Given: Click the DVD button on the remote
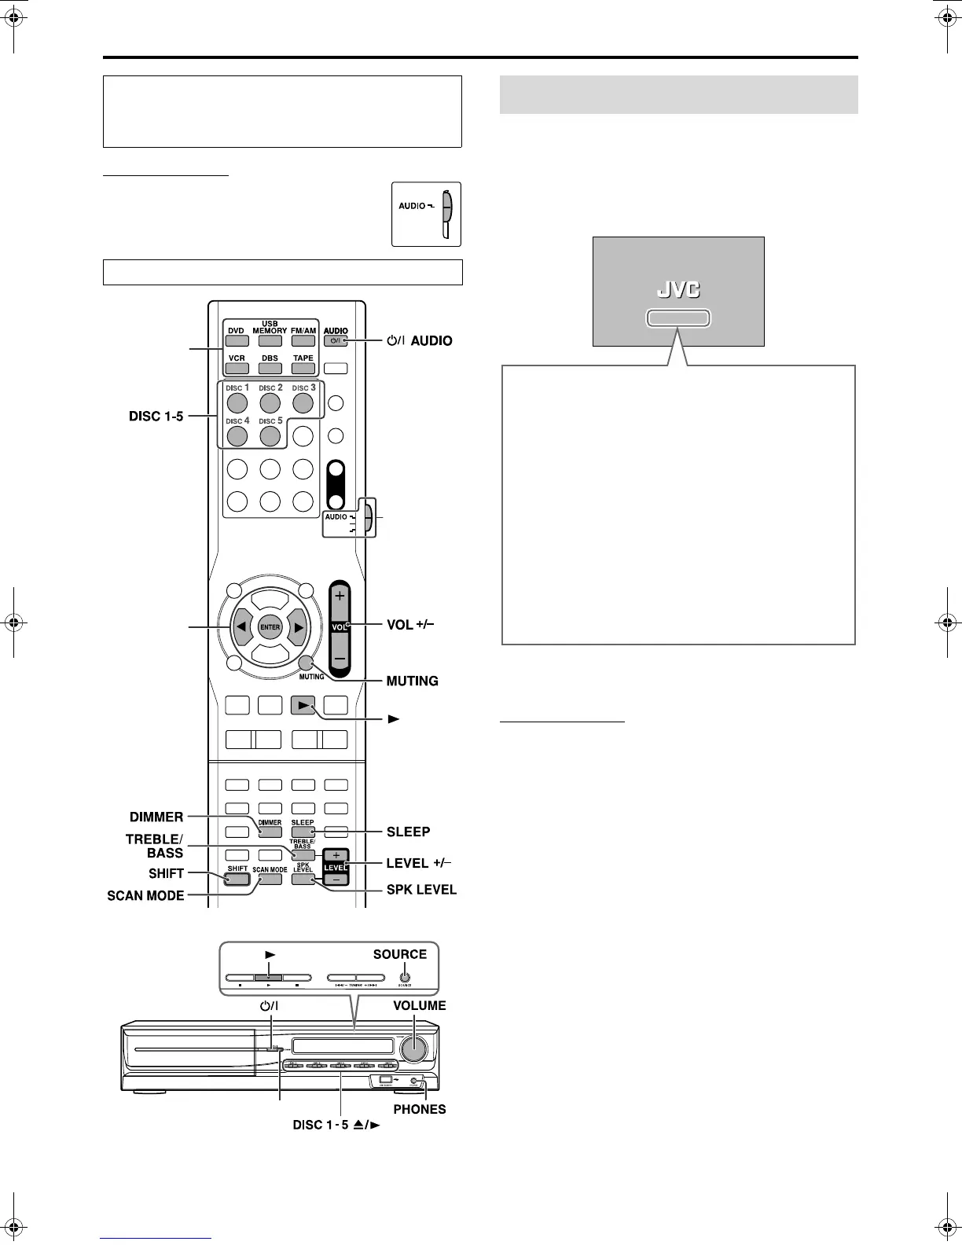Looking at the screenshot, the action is (x=237, y=341).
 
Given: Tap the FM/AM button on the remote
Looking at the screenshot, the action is (x=303, y=341).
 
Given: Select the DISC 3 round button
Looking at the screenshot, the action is (x=303, y=403).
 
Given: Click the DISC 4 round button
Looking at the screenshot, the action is (x=237, y=435).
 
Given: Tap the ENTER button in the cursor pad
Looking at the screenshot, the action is (x=270, y=627).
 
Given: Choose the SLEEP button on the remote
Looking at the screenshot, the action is (x=303, y=831).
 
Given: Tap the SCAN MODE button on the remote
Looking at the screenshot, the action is (x=270, y=879).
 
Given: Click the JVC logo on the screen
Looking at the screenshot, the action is (x=678, y=289).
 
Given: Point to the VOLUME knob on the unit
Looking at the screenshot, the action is (x=416, y=1049).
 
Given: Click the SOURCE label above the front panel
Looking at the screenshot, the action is (x=399, y=954).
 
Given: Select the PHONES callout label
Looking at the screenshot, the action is (x=419, y=1109).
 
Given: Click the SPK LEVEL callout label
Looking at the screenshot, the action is (x=421, y=890).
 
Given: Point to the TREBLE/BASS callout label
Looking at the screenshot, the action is (x=155, y=846).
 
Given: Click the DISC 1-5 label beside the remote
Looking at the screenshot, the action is (x=156, y=416).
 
